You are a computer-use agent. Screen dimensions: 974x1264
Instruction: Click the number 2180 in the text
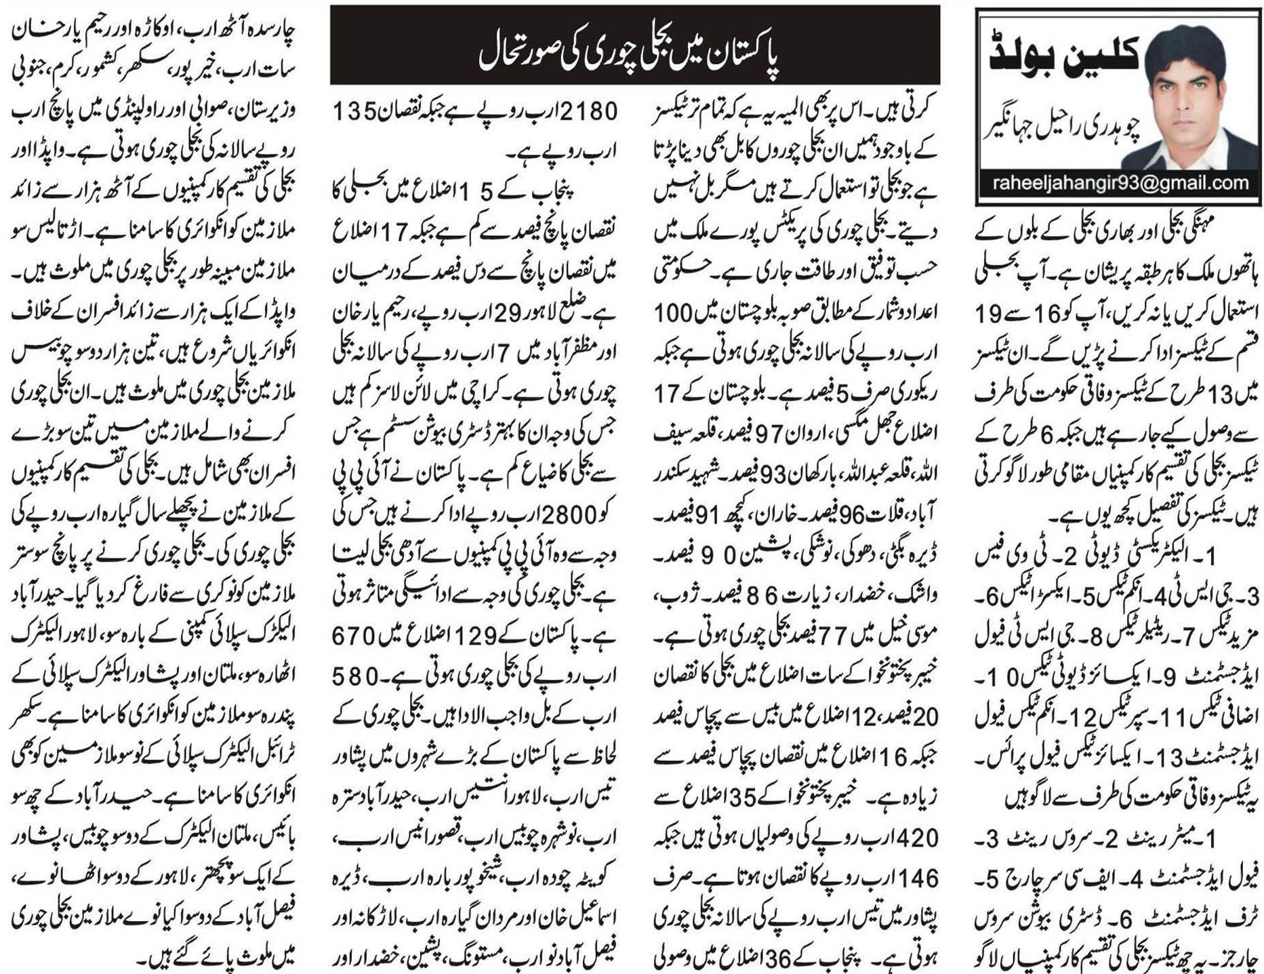(x=584, y=110)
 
